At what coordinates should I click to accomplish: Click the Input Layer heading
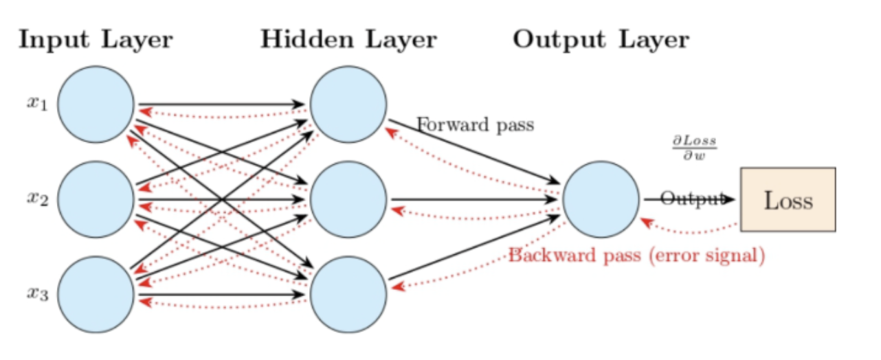point(96,40)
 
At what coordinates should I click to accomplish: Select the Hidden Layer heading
point(348,40)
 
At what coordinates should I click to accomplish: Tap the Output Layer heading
point(601,40)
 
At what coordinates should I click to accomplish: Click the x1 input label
point(37,104)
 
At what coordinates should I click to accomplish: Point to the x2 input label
point(37,199)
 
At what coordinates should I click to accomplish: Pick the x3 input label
point(37,293)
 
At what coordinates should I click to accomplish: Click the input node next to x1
point(96,104)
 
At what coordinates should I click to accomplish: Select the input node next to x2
point(96,199)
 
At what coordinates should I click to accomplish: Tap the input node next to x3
point(96,294)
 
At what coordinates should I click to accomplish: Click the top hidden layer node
point(348,104)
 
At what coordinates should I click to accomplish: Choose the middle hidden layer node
point(348,199)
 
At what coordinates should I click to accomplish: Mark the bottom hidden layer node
point(348,294)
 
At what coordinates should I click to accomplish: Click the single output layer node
point(601,199)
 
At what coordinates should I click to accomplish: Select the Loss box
point(788,199)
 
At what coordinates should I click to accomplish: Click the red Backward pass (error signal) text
point(636,256)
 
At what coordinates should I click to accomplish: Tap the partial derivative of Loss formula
point(693,147)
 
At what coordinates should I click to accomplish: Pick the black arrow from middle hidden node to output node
point(474,199)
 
